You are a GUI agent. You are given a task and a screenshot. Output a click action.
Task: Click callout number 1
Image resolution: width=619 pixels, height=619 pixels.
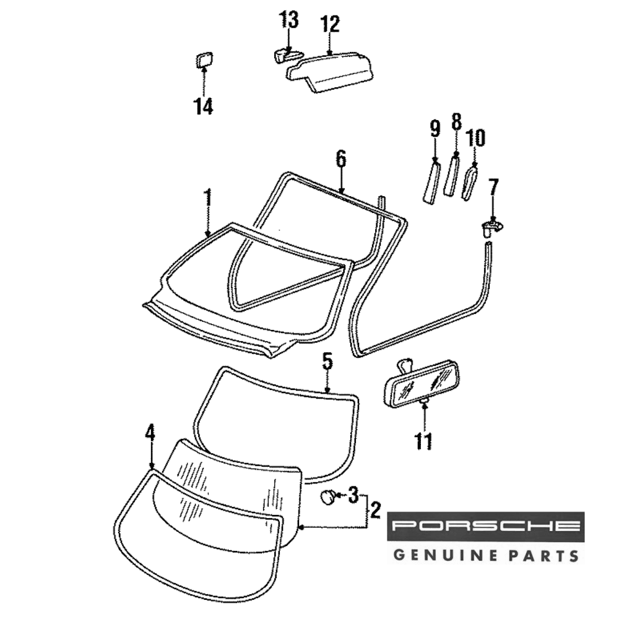coord(208,199)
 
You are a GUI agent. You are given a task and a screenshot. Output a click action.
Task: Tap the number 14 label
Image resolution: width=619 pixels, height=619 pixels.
coord(203,106)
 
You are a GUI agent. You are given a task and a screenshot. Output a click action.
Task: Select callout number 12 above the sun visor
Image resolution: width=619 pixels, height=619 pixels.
coord(330,25)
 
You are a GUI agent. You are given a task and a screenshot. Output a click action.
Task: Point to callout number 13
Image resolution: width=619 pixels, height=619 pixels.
coord(288,20)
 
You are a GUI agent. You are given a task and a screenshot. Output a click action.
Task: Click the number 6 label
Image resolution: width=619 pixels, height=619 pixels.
coord(341,158)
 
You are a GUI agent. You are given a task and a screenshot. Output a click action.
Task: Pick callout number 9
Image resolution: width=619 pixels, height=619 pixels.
coord(435,129)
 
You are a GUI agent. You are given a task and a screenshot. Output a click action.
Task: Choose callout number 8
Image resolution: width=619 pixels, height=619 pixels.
coord(457,122)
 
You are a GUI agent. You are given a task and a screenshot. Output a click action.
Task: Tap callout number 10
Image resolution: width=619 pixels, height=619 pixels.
coord(475,137)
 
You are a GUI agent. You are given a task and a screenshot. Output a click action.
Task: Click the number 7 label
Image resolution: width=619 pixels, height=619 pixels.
coord(493,187)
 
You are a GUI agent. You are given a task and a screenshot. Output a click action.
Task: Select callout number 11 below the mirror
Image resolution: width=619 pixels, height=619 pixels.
coord(423,442)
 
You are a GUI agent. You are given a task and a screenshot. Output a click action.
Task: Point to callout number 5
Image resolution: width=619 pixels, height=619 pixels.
coord(327,361)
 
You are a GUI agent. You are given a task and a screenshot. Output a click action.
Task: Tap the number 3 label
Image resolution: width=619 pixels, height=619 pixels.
coord(353,495)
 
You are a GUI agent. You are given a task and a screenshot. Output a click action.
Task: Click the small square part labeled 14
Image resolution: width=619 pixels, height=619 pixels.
coord(204,61)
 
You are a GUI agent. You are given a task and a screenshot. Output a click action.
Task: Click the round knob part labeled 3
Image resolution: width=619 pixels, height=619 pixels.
coord(329,496)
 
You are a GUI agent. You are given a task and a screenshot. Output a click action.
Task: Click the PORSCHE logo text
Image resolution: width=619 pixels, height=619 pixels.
coord(486,527)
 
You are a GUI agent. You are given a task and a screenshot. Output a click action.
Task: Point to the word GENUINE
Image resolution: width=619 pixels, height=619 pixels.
coord(442,554)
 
